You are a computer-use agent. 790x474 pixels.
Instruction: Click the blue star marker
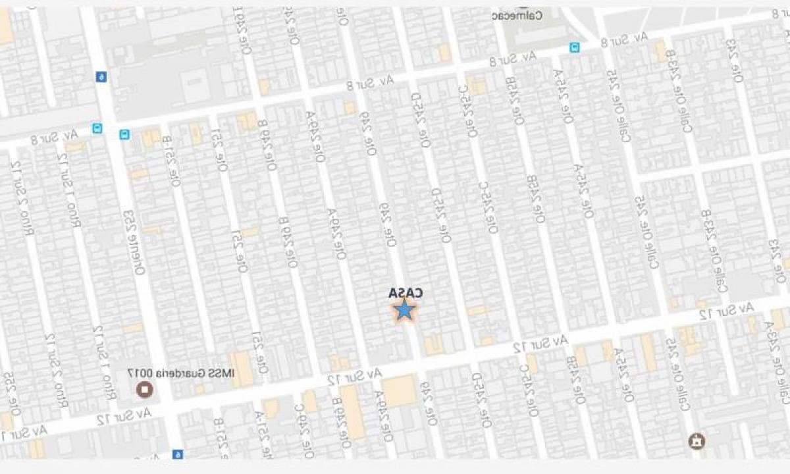point(404,309)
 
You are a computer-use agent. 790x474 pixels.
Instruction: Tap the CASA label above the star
point(404,293)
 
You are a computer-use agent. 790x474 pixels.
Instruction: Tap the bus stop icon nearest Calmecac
point(575,47)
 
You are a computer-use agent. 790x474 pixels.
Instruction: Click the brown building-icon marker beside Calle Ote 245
point(695,440)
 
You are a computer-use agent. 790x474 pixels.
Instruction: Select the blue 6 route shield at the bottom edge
point(176,454)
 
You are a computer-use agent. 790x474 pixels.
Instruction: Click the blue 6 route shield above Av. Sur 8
point(100,77)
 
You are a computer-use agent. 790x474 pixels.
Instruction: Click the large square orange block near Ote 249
point(399,390)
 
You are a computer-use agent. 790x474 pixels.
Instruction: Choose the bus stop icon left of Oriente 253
point(97,128)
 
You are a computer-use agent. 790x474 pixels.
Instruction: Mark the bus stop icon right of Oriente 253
point(124,135)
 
